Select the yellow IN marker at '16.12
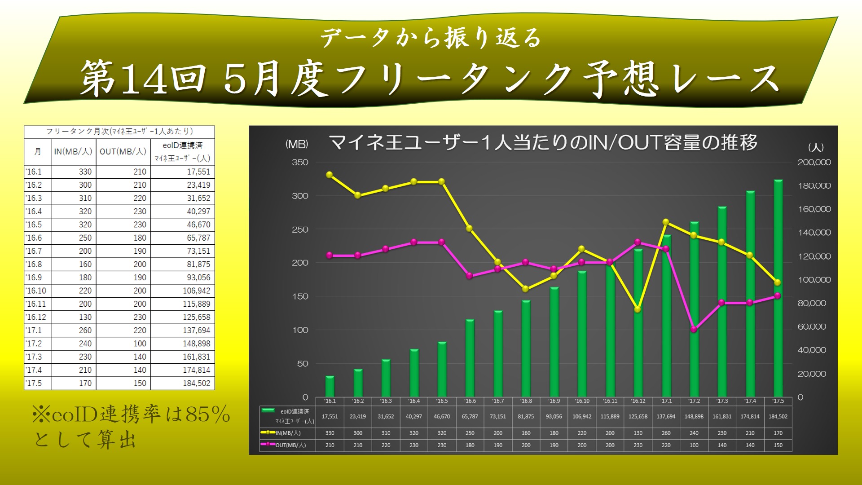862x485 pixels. pyautogui.click(x=638, y=309)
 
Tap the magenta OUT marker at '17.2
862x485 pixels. pyautogui.click(x=694, y=329)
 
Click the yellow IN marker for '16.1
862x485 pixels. pyautogui.click(x=330, y=175)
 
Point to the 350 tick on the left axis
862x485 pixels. pyautogui.click(x=300, y=163)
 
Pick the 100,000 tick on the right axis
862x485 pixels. pyautogui.click(x=814, y=280)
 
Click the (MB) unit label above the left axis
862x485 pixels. pyautogui.click(x=297, y=144)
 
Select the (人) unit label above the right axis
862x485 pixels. pyautogui.click(x=815, y=147)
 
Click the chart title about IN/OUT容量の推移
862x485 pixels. pyautogui.click(x=543, y=143)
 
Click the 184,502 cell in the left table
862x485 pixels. pyautogui.click(x=196, y=383)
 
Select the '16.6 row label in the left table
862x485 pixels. pyautogui.click(x=34, y=238)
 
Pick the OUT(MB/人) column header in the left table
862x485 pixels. pyautogui.click(x=123, y=152)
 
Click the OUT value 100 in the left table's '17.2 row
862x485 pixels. pyautogui.click(x=140, y=344)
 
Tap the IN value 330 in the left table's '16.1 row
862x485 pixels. pyautogui.click(x=85, y=172)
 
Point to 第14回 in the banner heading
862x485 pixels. pyautogui.click(x=143, y=79)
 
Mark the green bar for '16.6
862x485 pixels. pyautogui.click(x=470, y=359)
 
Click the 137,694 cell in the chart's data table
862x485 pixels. pyautogui.click(x=666, y=416)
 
